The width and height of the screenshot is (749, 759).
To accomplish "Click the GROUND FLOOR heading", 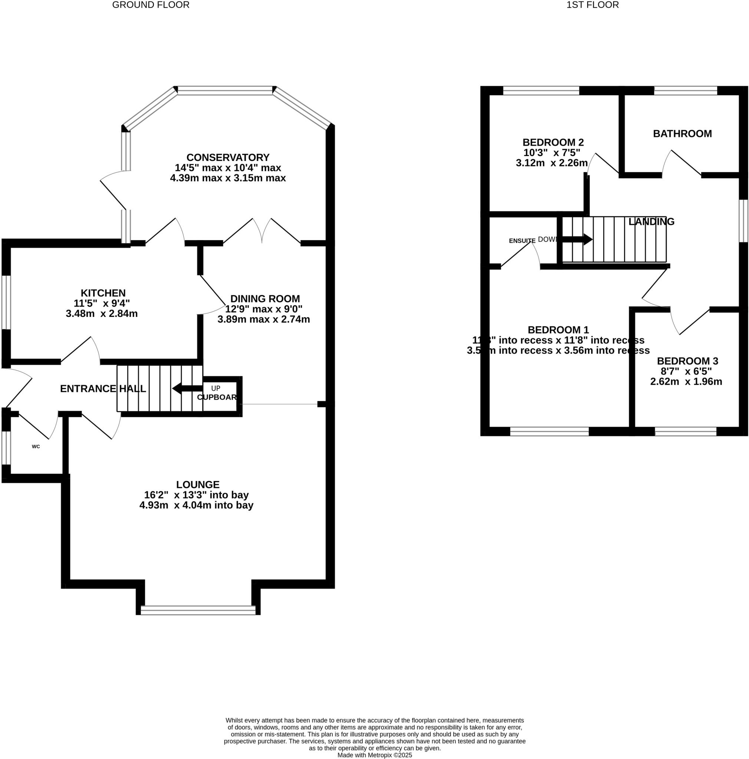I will (151, 5).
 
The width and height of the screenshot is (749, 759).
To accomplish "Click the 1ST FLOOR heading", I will (592, 5).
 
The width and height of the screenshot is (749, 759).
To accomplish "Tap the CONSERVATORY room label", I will (228, 158).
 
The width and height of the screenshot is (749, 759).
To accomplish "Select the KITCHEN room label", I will (103, 293).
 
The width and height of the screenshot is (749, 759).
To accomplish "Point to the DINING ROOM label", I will (265, 299).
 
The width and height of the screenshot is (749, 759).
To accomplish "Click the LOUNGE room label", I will (198, 485).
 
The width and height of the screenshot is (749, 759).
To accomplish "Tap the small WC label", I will (36, 447).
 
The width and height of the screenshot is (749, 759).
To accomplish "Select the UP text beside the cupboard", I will (216, 388).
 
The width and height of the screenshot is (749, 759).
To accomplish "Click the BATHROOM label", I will (682, 134).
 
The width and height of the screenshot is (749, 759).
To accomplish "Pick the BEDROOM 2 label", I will (553, 143).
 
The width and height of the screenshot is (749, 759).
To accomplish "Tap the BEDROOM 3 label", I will (687, 361).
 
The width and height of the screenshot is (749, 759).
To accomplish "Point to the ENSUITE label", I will (522, 241).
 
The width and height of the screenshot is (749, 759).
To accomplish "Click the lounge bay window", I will (198, 610).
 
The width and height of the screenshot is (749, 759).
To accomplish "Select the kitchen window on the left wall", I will (6, 302).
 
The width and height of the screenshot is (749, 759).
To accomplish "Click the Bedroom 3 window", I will (685, 432).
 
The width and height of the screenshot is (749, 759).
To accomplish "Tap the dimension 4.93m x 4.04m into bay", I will (196, 505).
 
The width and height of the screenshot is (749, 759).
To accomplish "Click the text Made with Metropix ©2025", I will (374, 755).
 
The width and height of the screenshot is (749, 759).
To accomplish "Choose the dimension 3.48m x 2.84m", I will (101, 314).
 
